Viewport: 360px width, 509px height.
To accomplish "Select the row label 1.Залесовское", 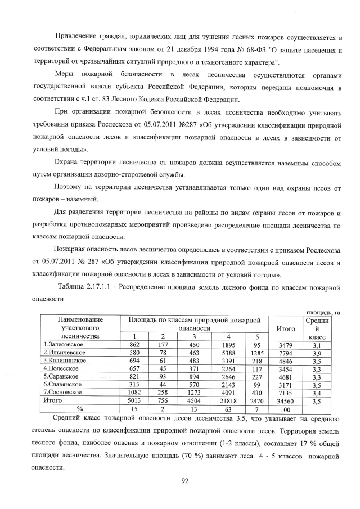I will click(64, 344).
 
